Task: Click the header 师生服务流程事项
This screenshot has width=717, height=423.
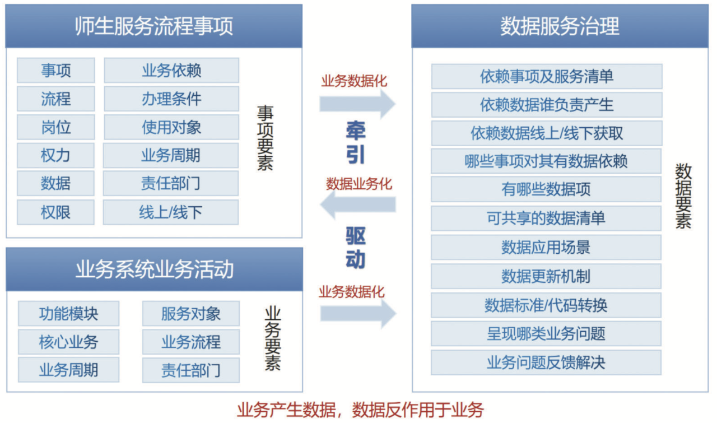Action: (153, 26)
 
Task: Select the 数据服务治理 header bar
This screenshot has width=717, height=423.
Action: (560, 26)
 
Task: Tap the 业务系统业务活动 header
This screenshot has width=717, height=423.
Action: (154, 269)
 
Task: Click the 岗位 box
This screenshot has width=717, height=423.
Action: (56, 127)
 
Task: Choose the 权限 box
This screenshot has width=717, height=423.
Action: (56, 212)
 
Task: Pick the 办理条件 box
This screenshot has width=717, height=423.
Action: (171, 99)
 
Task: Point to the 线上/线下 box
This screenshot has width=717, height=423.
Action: (171, 212)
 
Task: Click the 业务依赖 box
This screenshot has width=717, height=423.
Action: (171, 71)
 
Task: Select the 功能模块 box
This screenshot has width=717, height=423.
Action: (68, 314)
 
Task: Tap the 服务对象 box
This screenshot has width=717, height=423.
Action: (191, 314)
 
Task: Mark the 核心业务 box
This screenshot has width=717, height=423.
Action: (68, 342)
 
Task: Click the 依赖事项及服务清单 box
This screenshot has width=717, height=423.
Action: (547, 76)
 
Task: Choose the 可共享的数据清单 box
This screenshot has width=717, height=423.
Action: (546, 218)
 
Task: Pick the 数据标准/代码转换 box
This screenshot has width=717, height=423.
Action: (546, 305)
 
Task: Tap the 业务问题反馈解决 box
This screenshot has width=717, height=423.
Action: (546, 362)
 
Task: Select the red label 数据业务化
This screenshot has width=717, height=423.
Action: (359, 183)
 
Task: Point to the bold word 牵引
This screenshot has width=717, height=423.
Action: (356, 143)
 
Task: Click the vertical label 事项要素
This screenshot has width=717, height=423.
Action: (265, 138)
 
